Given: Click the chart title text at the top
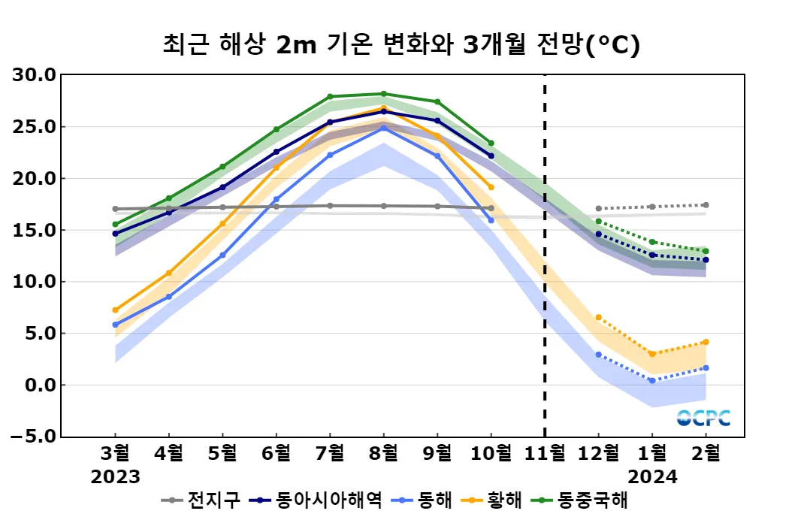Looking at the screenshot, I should (x=401, y=44).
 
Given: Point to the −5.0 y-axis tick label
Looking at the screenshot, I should (x=33, y=437).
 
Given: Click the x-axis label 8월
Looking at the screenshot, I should (x=383, y=453).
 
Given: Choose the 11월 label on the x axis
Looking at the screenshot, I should (x=545, y=453).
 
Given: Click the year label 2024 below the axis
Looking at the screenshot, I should (x=652, y=476).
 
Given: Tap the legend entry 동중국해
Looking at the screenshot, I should (x=592, y=500).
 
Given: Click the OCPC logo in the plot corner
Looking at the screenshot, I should (x=703, y=418).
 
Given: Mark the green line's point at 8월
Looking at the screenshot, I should (x=383, y=94).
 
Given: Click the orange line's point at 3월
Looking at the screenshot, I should (x=115, y=310).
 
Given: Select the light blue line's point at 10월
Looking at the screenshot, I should (x=491, y=220).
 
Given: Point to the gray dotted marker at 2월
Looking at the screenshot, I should (x=706, y=205).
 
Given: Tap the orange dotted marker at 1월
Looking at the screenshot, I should (x=652, y=354).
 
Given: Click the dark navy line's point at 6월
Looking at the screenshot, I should (x=276, y=152).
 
